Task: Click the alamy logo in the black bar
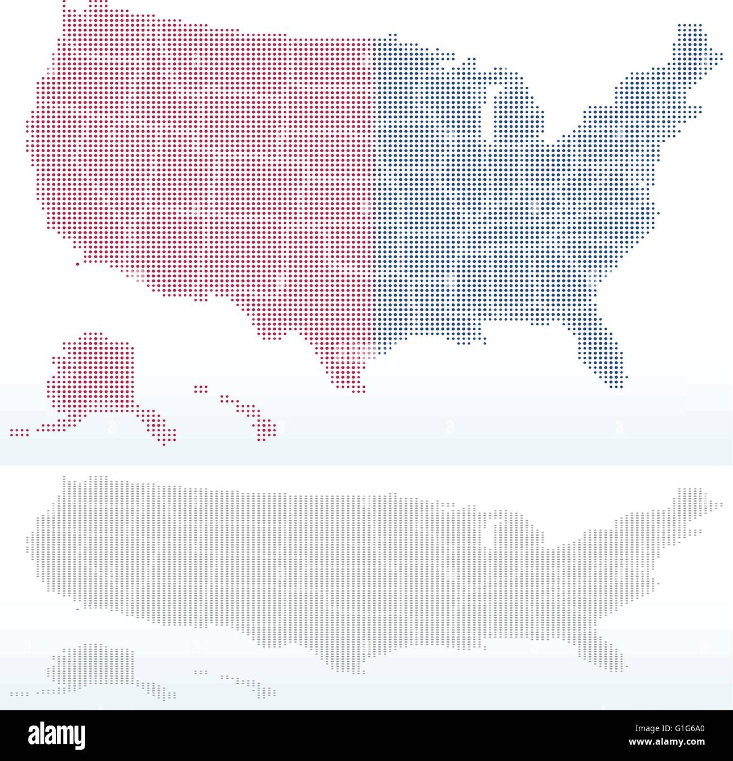pos(59,735)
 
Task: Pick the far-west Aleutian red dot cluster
pos(19,432)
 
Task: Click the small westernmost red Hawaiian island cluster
pos(201,388)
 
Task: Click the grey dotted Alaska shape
pos(93,665)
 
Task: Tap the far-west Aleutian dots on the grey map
pos(19,693)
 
